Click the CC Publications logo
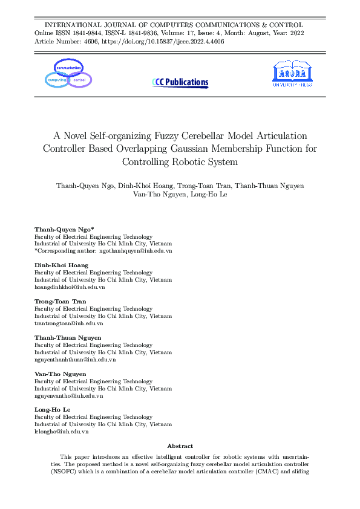coord(180,82)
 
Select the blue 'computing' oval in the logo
coord(57,80)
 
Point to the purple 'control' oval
coord(79,80)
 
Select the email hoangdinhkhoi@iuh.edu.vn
coord(70,287)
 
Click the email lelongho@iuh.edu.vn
coord(62,432)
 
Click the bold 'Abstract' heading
coord(180,446)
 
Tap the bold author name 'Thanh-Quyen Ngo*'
coord(64,230)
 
